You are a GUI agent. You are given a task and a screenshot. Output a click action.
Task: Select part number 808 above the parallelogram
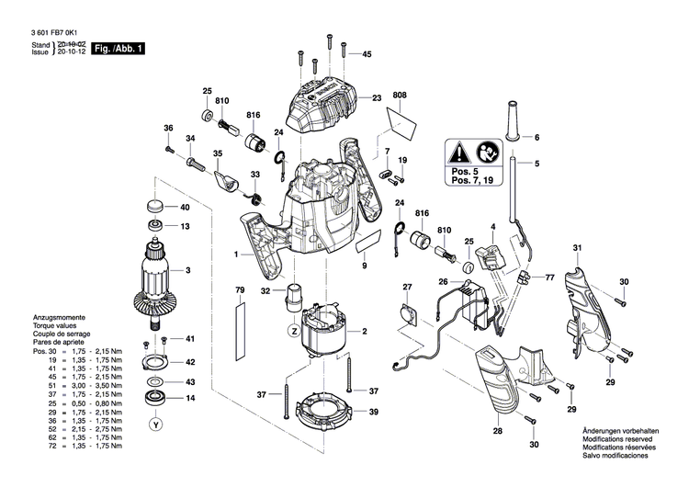[399, 96]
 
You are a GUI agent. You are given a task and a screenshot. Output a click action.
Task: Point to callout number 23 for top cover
[377, 97]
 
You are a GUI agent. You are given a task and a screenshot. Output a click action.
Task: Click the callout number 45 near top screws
[367, 55]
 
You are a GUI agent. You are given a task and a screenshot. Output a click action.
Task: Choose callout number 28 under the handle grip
[497, 431]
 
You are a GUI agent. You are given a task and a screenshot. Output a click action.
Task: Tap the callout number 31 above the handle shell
[578, 248]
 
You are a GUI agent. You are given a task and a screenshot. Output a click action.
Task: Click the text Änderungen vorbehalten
[621, 431]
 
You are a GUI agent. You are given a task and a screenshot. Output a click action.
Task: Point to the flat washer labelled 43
[153, 381]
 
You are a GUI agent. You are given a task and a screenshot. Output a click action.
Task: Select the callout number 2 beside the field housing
[364, 332]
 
